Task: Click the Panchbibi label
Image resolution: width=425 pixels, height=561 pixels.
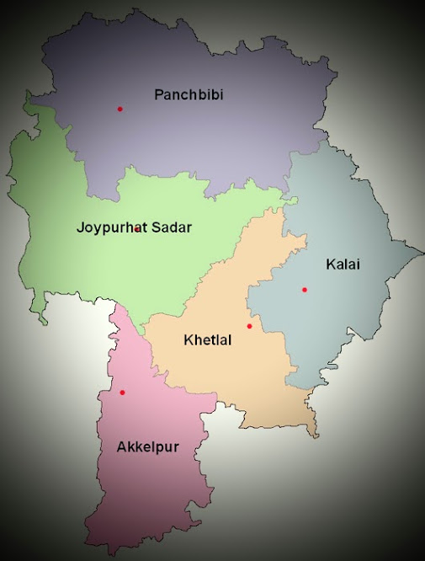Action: pos(188,94)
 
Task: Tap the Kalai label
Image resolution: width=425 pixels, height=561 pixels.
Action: pos(343,264)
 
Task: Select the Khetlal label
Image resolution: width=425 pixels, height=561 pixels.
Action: pos(207,340)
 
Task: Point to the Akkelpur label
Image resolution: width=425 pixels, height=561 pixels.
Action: pos(147,446)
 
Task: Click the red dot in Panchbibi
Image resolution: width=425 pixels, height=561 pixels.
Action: pos(120,109)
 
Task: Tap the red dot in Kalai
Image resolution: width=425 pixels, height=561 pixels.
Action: pos(305,290)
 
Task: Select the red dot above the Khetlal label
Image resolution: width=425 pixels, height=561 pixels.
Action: pos(249,326)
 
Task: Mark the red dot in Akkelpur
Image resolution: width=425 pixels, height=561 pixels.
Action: pos(122,393)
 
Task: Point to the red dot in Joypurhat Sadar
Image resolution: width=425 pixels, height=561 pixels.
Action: pos(137,229)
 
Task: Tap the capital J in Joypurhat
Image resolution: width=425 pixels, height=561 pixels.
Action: pos(80,227)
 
